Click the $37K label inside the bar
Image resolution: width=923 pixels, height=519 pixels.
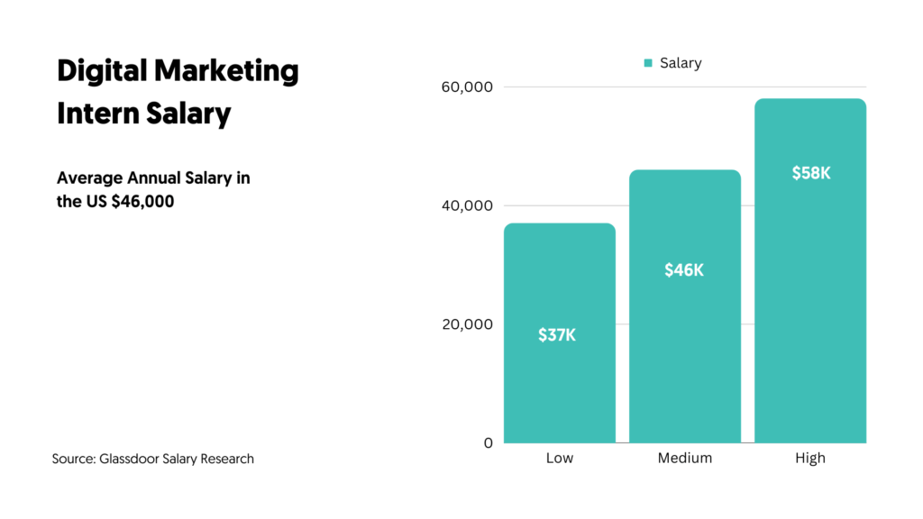(x=557, y=335)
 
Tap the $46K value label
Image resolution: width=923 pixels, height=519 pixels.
(x=684, y=269)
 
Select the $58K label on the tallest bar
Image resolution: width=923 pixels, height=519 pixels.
(x=810, y=173)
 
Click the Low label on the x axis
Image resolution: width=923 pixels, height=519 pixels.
(x=559, y=458)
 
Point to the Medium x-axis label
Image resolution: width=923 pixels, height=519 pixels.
(x=685, y=458)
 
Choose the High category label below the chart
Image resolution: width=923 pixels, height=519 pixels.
(x=810, y=458)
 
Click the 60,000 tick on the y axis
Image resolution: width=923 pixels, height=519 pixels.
(x=467, y=87)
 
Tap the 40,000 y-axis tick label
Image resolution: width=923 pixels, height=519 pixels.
(x=467, y=205)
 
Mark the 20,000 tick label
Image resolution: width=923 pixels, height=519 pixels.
(x=467, y=324)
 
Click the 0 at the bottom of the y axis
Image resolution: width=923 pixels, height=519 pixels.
(x=489, y=442)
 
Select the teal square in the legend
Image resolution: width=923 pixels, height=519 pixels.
(x=648, y=63)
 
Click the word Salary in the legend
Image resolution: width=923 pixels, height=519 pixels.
(x=681, y=63)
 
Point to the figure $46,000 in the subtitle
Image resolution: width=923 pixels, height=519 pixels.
(x=143, y=202)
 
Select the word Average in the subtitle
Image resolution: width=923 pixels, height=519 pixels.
(x=87, y=178)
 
